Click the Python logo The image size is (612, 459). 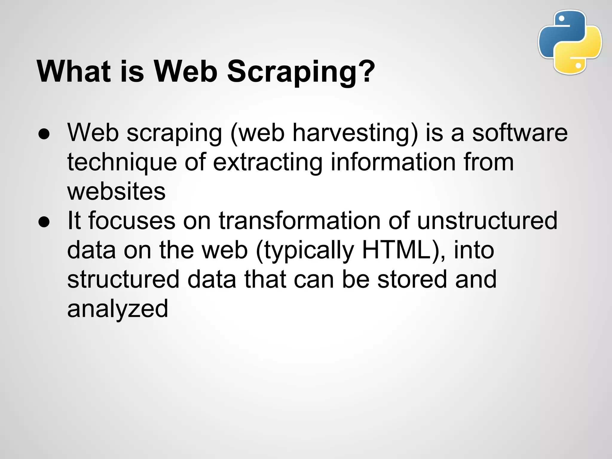tap(570, 42)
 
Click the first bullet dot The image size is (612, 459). tap(44, 134)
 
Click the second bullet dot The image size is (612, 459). tap(44, 222)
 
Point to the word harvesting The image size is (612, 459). tap(350, 133)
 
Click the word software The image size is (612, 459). tap(520, 133)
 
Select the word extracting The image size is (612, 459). tap(268, 162)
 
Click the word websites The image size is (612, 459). tap(116, 191)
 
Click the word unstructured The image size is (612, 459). tap(487, 221)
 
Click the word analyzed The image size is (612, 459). tap(117, 309)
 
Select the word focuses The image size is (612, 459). tap(132, 221)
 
